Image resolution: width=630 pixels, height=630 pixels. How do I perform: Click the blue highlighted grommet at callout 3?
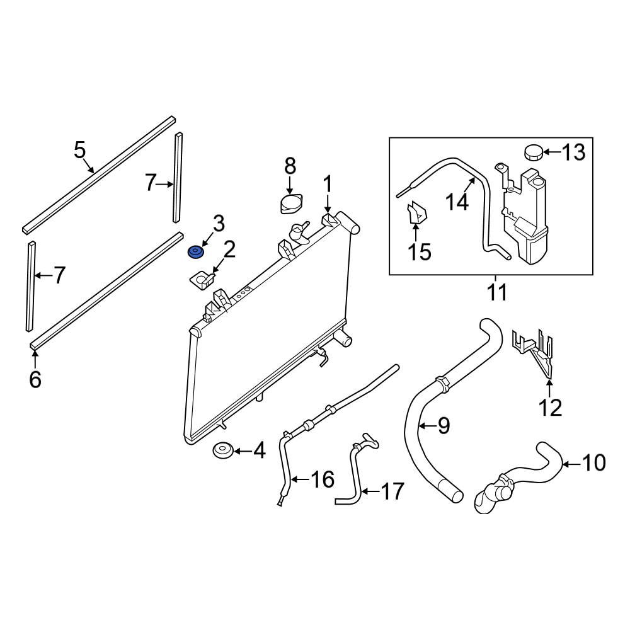pos(196,253)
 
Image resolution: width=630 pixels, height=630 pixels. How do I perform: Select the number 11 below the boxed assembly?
pos(496,293)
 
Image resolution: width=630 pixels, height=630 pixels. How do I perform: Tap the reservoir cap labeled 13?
pos(534,152)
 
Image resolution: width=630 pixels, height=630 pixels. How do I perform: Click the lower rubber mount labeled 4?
pos(222,451)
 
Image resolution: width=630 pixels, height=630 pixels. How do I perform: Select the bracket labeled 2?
pos(202,279)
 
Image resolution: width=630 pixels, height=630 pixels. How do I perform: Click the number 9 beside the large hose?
pos(444,427)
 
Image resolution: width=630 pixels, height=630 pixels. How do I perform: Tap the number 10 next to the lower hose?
pos(593,464)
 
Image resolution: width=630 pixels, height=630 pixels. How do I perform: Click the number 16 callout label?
pos(322,480)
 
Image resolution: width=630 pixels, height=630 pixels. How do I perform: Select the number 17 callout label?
pos(392,491)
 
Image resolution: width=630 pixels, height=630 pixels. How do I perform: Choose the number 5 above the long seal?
pos(79,151)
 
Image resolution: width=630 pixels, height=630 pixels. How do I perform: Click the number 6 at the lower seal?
pos(35,379)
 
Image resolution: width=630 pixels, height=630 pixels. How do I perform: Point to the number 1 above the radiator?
pos(328,185)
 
